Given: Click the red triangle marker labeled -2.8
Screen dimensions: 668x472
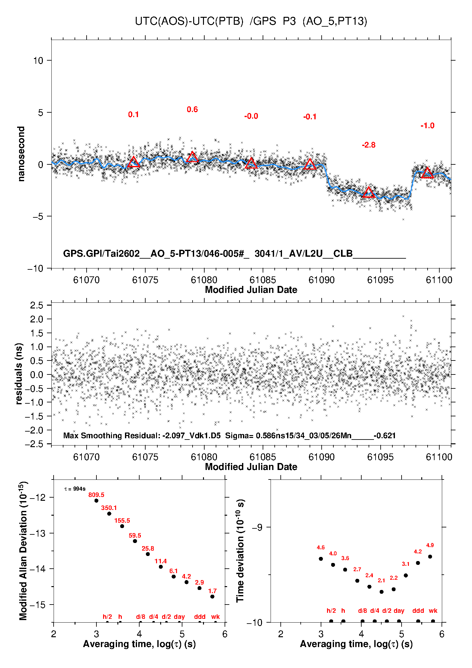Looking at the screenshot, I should point(368,193).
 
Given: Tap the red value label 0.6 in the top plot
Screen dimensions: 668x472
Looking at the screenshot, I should point(192,109).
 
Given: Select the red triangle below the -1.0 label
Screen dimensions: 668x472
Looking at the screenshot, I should point(427,173).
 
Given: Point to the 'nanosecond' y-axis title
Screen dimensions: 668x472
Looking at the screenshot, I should point(21,154).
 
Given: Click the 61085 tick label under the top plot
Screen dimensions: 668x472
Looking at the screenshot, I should point(263,280).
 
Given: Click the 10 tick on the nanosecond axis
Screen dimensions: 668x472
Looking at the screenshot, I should point(38,60).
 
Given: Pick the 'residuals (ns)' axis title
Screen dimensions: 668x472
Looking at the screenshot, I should point(19,374).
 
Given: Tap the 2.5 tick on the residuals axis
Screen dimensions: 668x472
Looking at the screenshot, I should point(37,305).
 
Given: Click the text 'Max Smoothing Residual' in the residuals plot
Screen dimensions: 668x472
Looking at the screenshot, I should point(111,435).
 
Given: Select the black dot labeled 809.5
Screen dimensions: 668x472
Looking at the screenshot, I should point(96,500).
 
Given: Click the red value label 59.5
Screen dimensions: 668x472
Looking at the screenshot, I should point(135,535).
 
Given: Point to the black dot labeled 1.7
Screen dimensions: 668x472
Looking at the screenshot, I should point(212,597).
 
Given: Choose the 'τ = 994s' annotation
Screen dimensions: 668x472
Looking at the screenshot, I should point(75,489).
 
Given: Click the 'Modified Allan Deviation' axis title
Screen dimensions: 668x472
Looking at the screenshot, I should point(23,551).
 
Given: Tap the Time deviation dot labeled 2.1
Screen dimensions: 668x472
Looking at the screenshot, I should point(382,592).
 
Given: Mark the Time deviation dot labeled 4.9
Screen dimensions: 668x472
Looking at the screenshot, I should point(430,557).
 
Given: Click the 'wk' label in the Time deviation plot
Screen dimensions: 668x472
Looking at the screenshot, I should point(433,611).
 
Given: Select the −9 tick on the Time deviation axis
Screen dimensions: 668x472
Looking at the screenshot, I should point(257,527).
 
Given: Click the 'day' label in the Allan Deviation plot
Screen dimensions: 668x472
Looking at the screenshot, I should point(179,617).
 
